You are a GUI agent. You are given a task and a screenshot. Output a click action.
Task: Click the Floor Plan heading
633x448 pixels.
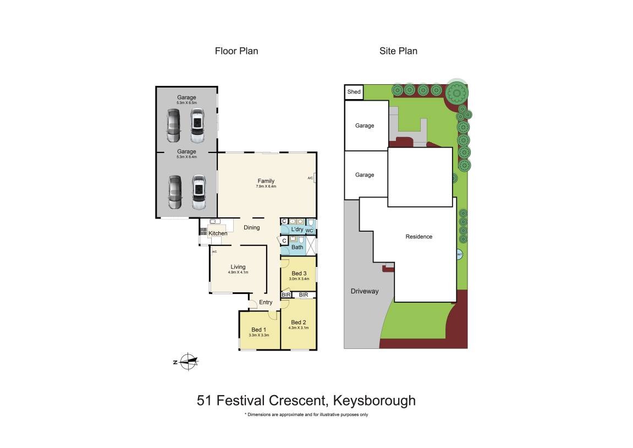coord(236,51)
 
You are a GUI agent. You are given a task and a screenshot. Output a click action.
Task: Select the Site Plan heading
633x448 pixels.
coord(398,51)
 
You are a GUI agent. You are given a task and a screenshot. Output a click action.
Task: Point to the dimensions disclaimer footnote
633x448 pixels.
coord(306,414)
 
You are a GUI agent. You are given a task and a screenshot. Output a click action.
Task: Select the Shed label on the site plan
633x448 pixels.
coord(354,92)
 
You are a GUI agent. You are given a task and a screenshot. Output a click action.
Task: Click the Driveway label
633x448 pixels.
coord(365,291)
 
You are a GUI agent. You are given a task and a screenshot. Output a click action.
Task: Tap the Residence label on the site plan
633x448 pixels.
coord(419,237)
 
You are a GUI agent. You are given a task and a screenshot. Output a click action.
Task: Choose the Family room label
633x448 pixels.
coord(266,181)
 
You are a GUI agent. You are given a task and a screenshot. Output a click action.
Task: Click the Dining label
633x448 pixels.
coord(252,227)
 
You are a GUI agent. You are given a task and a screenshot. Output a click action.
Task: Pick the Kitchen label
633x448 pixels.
coord(218,233)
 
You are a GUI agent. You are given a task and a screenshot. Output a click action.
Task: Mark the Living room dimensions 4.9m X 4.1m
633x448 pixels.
coord(238,272)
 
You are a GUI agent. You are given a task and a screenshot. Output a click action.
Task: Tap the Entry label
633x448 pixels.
coord(266,302)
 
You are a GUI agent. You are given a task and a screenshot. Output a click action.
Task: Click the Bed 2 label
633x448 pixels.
coord(298,323)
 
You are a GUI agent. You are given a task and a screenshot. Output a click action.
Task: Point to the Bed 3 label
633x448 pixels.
coord(299,274)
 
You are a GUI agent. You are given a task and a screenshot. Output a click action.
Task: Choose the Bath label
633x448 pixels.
coord(297,247)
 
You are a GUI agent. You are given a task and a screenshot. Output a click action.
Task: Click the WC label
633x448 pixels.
coord(310,231)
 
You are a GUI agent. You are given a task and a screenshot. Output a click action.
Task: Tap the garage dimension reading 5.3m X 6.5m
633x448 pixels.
coord(186,103)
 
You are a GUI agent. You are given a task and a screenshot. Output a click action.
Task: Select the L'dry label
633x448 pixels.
coord(297,230)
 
